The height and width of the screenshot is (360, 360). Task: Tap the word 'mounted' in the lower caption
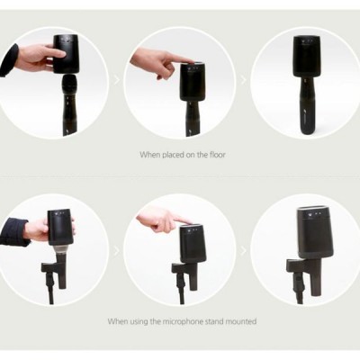236,320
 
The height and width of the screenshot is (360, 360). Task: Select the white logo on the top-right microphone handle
310,116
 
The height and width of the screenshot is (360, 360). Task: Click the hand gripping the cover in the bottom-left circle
38,229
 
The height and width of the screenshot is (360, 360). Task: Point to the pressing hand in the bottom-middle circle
160,219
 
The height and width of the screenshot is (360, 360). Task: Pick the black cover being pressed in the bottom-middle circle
194,246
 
